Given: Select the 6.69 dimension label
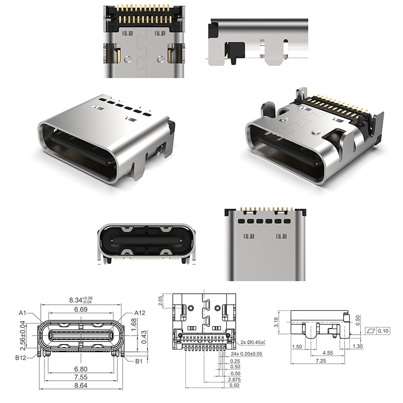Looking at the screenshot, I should coord(81,309).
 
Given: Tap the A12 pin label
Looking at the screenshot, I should coord(140,313).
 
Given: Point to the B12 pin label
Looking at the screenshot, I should coord(21,358).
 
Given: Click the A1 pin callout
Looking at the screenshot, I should coord(23,313).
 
